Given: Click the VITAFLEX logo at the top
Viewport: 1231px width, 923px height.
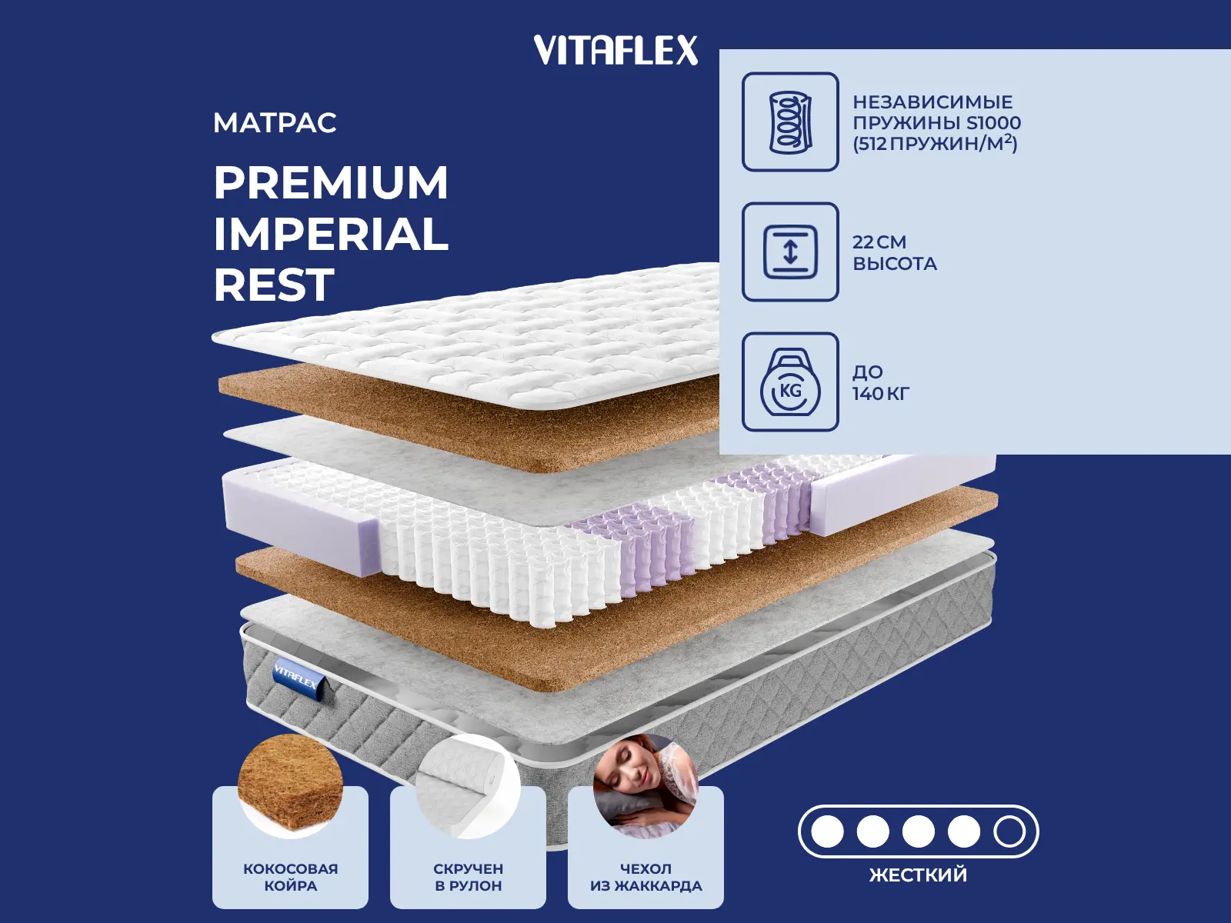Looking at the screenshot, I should (x=615, y=51).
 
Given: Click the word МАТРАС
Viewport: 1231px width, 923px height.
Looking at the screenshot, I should (x=275, y=123).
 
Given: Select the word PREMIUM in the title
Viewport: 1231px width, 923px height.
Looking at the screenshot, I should (x=331, y=183).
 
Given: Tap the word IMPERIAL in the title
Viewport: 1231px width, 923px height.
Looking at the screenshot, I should (x=331, y=235).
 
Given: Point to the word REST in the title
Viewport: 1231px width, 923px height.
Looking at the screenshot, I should (x=274, y=285).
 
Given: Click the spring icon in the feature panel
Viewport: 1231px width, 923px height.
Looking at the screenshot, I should (x=790, y=122).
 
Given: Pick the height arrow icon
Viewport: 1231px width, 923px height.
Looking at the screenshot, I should (x=790, y=252).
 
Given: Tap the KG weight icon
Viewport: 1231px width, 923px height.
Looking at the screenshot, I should (x=790, y=382).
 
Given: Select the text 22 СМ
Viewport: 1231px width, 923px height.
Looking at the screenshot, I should (x=879, y=242).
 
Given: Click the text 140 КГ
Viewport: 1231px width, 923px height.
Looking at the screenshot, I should (x=881, y=394).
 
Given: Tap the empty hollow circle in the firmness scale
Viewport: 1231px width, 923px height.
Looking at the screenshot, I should (x=1009, y=831).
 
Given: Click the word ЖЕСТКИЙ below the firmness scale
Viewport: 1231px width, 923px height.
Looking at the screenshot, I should (x=918, y=875).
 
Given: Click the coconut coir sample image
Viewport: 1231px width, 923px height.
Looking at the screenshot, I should (x=290, y=785).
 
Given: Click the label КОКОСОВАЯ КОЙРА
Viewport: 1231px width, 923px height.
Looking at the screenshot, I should (x=290, y=877).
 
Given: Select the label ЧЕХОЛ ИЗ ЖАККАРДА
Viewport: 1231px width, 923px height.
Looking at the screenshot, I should (x=646, y=877).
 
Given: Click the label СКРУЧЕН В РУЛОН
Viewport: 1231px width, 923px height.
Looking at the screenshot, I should (x=468, y=877).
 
